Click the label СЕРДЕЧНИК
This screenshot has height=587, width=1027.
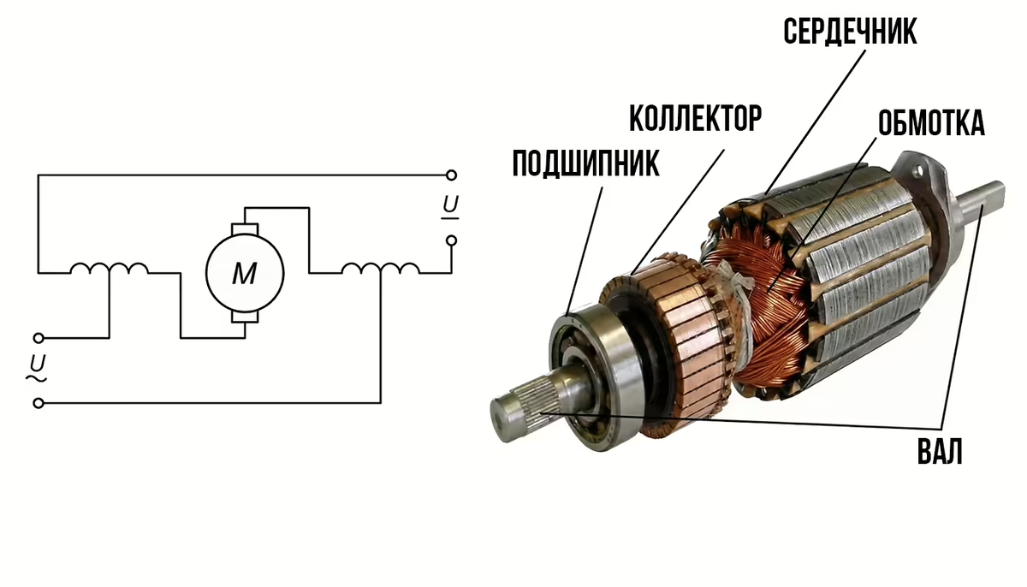850,32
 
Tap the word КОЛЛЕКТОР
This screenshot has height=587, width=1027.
695,118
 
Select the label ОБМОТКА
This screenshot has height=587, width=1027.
931,123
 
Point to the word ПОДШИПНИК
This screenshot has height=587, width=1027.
585,163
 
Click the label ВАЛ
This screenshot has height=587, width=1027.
940,451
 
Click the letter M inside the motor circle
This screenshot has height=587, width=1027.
245,274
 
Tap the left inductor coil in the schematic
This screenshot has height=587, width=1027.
110,269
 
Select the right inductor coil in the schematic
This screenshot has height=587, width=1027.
380,269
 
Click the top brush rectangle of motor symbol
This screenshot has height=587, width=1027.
245,229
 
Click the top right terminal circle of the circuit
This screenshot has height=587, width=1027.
451,175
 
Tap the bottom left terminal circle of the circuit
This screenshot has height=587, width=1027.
39,403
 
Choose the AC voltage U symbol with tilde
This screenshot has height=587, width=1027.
37,368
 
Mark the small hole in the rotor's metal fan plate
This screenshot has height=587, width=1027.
918,171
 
